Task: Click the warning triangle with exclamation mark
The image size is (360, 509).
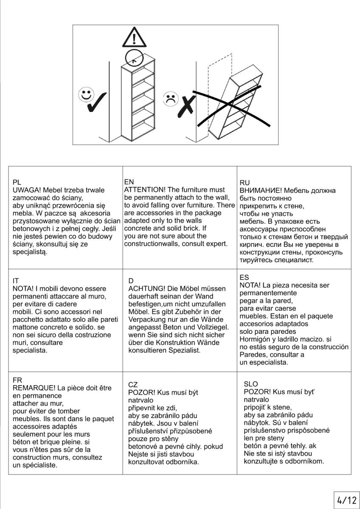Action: [135, 38]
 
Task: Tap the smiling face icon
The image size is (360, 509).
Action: [86, 95]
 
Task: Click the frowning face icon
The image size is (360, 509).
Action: [171, 98]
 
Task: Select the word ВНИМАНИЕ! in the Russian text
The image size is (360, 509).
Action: [261, 190]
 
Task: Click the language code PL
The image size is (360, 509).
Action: [17, 182]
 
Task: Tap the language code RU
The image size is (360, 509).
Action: [245, 183]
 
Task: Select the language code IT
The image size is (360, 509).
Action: [16, 281]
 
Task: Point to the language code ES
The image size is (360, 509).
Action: [245, 277]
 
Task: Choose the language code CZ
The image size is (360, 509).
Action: [133, 385]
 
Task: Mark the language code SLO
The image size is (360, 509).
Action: [251, 384]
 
